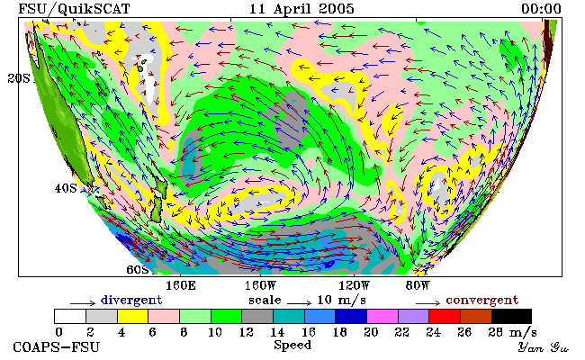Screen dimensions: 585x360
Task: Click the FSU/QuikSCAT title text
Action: tap(74, 9)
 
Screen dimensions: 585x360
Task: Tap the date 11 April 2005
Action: tap(301, 9)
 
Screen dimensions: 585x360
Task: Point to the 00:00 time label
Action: tap(541, 9)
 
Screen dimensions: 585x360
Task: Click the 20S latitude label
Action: tap(19, 78)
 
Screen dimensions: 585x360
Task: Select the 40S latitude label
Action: tap(66, 188)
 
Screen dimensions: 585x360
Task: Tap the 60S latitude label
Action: tap(138, 269)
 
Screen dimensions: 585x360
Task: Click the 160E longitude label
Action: tap(181, 286)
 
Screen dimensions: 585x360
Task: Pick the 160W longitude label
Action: tap(260, 286)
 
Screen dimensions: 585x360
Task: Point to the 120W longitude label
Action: tap(354, 286)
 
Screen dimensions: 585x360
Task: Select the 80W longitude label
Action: tap(418, 286)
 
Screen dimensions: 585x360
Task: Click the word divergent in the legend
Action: tap(131, 301)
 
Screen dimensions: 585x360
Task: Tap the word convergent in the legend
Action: tap(482, 301)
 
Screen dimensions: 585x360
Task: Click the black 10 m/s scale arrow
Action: tap(299, 303)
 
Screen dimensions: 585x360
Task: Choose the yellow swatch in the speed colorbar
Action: tap(133, 316)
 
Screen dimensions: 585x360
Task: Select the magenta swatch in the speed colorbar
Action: tap(382, 316)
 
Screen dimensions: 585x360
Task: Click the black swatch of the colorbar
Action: tap(511, 316)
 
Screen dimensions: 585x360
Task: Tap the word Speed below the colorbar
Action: tap(292, 345)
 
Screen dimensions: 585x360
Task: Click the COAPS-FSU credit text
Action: tap(57, 347)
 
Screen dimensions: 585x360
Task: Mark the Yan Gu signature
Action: tap(544, 347)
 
